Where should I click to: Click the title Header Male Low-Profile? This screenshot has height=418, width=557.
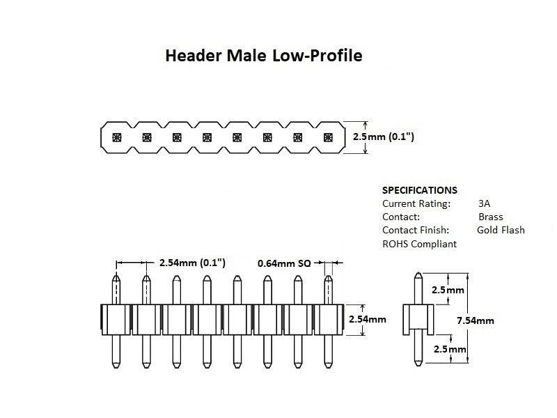click(x=263, y=56)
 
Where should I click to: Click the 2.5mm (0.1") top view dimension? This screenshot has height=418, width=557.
click(x=384, y=137)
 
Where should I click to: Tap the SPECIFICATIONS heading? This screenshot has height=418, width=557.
click(x=420, y=190)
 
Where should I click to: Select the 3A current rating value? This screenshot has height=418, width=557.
click(x=485, y=203)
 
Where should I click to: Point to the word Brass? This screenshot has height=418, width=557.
click(x=490, y=217)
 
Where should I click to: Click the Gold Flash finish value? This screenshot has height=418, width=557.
click(x=501, y=230)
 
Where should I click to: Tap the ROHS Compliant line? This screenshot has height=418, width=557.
click(x=419, y=244)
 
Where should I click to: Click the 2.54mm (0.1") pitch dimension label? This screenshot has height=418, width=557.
click(x=193, y=263)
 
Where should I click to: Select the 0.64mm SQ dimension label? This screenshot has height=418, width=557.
click(x=284, y=263)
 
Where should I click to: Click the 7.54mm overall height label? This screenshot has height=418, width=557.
click(x=475, y=320)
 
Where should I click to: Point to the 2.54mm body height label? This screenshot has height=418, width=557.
click(x=367, y=319)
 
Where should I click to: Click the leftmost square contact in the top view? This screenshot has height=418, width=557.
click(x=116, y=137)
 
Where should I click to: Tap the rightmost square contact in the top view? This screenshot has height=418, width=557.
click(x=329, y=137)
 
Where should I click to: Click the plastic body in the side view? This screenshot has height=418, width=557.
click(x=418, y=319)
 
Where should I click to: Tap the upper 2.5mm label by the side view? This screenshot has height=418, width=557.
click(x=448, y=290)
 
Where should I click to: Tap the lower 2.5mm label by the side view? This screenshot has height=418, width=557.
click(x=448, y=348)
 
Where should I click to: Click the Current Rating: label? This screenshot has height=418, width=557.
click(x=416, y=203)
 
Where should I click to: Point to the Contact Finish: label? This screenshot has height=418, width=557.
click(x=416, y=230)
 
